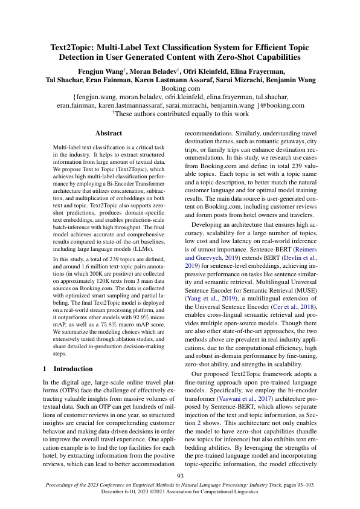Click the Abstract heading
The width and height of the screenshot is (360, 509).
(109, 133)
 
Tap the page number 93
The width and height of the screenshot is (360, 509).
(179, 476)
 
